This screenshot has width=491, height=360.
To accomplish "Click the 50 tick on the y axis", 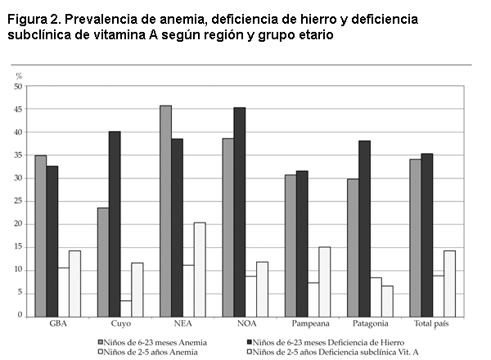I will coord(19,87).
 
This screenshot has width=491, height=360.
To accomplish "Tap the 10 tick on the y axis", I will coord(19,270).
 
